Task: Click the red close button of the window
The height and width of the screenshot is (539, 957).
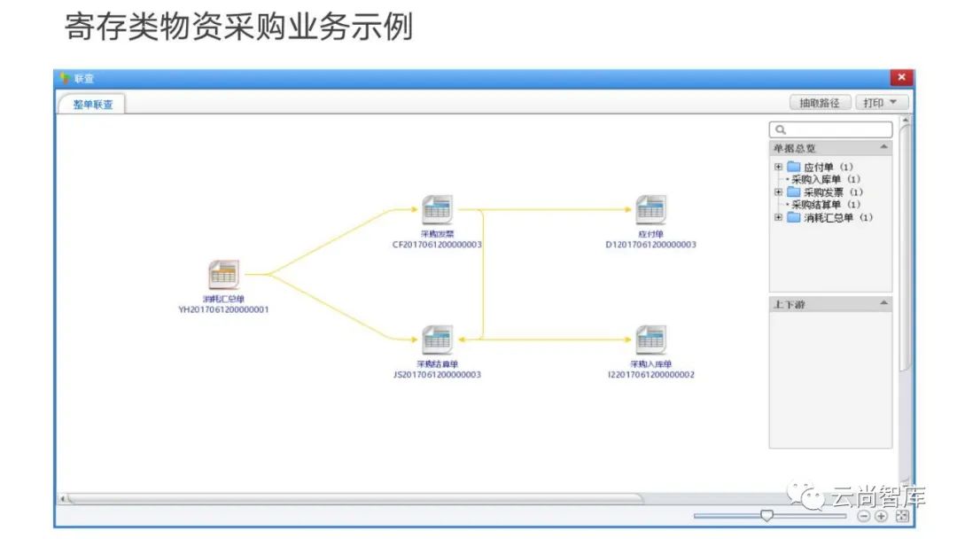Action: [x=902, y=78]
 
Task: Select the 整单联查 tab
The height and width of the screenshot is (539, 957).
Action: [x=93, y=105]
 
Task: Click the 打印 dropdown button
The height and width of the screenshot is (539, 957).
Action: [x=881, y=103]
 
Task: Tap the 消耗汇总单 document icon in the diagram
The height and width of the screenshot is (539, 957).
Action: [x=223, y=274]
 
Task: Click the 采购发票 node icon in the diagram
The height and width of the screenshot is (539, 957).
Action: [x=437, y=209]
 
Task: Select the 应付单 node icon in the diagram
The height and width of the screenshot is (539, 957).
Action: [x=651, y=209]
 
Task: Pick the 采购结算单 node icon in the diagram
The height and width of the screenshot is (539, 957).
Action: [x=437, y=340]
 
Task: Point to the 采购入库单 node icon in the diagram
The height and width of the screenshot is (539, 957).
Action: [x=651, y=340]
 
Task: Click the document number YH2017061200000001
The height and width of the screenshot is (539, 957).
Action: [x=223, y=310]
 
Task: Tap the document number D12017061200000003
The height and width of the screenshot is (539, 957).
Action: [x=651, y=245]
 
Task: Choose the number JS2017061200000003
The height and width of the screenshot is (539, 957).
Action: [x=437, y=375]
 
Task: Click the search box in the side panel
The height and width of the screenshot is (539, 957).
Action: [x=830, y=129]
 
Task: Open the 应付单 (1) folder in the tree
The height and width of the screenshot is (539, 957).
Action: [x=815, y=167]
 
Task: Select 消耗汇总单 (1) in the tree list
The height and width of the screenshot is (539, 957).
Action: [x=828, y=217]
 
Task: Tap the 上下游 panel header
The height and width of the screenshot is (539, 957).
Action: [x=830, y=304]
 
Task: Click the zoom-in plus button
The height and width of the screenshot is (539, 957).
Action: [x=881, y=516]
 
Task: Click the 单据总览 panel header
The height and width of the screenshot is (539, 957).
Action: [x=830, y=148]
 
